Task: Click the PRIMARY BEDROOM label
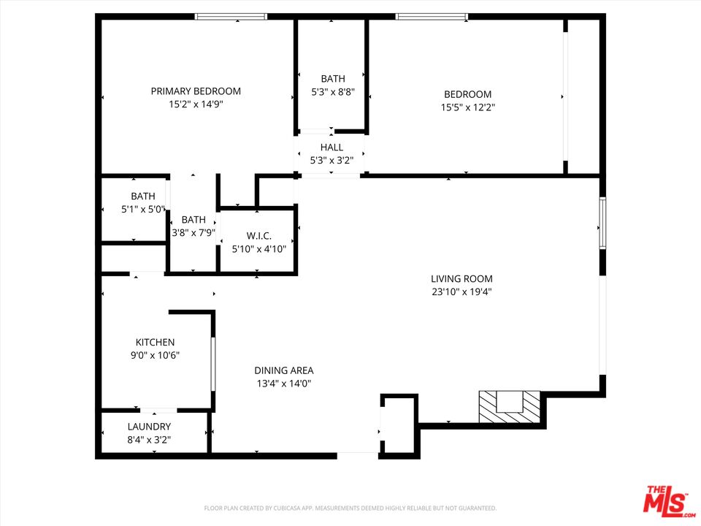[x=196, y=91]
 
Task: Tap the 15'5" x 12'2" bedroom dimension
[x=467, y=107]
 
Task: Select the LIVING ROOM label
[x=461, y=278]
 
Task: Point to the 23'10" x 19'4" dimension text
[x=461, y=291]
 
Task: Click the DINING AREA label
[x=284, y=370]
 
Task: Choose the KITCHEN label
[x=155, y=342]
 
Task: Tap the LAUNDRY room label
[x=149, y=427]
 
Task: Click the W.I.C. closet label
[x=258, y=236]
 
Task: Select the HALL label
[x=332, y=147]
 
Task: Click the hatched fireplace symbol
[x=510, y=407]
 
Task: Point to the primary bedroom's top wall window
[x=231, y=17]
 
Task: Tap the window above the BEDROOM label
[x=432, y=17]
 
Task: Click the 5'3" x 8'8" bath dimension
[x=333, y=92]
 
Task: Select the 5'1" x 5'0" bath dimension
[x=144, y=209]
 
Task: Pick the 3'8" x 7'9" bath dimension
[x=194, y=232]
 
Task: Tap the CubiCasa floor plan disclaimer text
[x=350, y=508]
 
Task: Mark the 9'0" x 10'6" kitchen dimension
[x=155, y=355]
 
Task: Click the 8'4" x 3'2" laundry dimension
[x=149, y=440]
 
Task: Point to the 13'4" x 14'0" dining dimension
[x=284, y=384]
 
